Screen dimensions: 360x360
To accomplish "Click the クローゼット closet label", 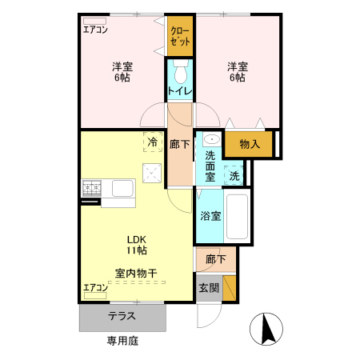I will click(x=180, y=35).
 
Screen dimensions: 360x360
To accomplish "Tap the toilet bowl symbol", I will click(x=181, y=74).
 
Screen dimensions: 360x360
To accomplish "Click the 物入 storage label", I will click(x=250, y=144).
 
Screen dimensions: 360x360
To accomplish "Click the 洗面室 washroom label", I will click(x=210, y=164).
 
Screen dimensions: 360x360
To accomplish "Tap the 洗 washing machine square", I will click(x=234, y=175).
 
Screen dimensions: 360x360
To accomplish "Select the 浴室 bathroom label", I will click(x=210, y=215).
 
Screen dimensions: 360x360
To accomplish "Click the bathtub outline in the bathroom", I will click(x=238, y=216).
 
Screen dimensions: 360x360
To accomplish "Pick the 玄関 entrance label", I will click(x=208, y=287).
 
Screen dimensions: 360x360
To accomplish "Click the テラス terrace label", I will click(x=122, y=316).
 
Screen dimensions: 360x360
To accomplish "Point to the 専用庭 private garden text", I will click(x=122, y=341).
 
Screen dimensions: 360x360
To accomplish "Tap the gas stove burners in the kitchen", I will click(x=90, y=188).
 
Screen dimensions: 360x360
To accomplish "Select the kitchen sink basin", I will click(x=122, y=189).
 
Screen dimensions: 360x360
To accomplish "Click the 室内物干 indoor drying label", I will click(x=136, y=274).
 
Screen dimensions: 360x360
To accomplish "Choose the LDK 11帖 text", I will click(x=136, y=244).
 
